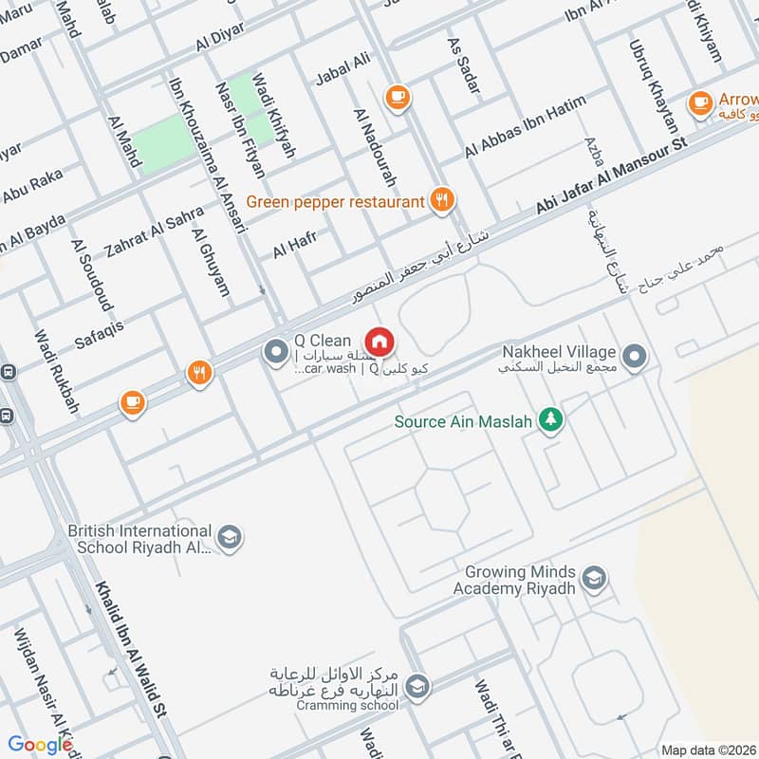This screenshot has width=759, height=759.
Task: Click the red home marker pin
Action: click(x=379, y=341)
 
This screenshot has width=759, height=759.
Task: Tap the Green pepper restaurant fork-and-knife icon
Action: click(x=441, y=200)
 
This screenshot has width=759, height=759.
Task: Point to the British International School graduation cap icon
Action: click(x=229, y=537)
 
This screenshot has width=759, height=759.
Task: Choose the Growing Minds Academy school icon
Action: click(x=594, y=579)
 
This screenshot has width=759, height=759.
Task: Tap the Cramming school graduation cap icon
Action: click(x=416, y=684)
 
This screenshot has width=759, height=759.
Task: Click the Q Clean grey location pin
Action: click(x=276, y=353)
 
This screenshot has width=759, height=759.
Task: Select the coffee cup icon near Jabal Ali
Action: click(x=396, y=96)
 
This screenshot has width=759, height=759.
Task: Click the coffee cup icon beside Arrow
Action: click(x=700, y=101)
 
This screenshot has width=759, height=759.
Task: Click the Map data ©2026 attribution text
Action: click(x=708, y=750)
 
